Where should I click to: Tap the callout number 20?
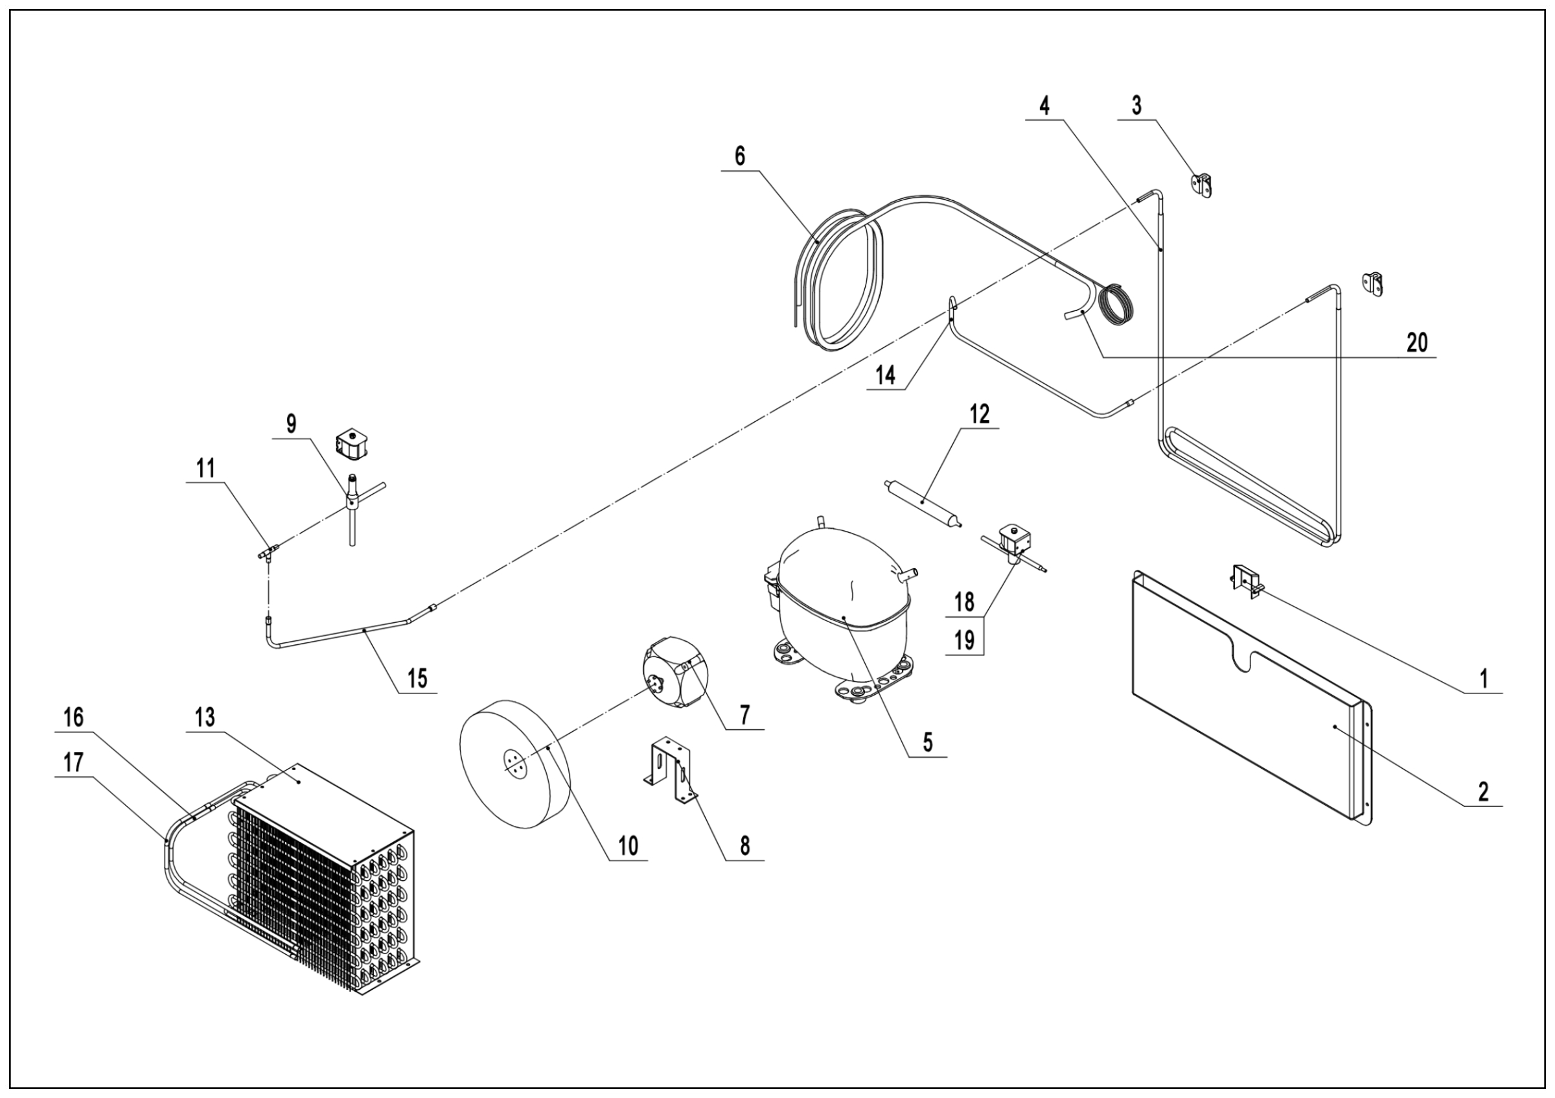tap(1417, 343)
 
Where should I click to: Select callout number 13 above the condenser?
tap(205, 718)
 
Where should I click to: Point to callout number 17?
tap(73, 763)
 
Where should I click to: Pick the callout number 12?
tap(979, 414)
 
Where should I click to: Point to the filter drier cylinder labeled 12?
tap(925, 502)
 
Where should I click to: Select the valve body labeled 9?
tap(353, 502)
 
